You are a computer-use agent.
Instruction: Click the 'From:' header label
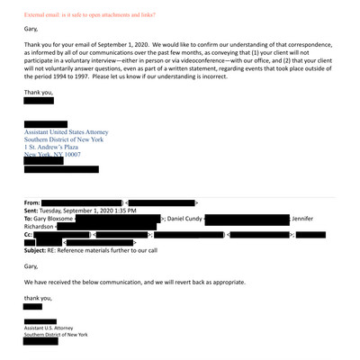pyautogui.click(x=32, y=203)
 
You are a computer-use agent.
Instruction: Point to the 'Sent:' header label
pyautogui.click(x=32, y=211)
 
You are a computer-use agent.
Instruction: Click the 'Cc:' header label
pyautogui.click(x=30, y=234)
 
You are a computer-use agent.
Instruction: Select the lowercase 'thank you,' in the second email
pyautogui.click(x=39, y=297)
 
